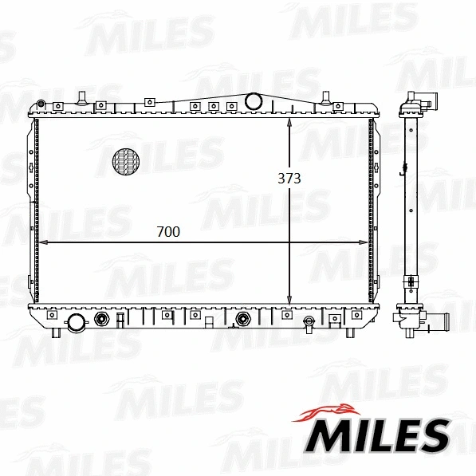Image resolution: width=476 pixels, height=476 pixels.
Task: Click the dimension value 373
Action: tap(289, 179)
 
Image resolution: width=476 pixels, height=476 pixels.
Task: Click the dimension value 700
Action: tap(168, 232)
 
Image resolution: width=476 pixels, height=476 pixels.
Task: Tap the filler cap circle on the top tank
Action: tap(254, 101)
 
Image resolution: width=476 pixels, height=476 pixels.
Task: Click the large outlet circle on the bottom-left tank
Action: tap(76, 323)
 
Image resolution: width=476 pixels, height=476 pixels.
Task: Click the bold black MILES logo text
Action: tap(379, 435)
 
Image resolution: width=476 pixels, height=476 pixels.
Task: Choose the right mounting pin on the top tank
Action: tap(325, 98)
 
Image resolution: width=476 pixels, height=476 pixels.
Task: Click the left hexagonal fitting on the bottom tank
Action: tap(102, 321)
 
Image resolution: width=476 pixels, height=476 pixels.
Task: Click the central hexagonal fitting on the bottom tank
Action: tap(243, 321)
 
